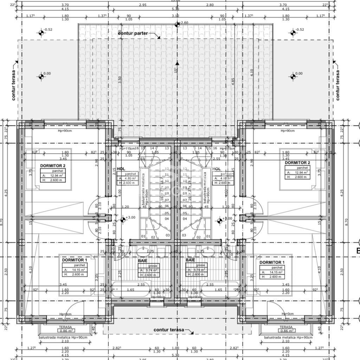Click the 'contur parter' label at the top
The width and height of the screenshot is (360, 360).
[133, 33]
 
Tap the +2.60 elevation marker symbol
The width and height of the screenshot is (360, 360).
[177, 24]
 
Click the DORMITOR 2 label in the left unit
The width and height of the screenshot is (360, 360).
[53, 165]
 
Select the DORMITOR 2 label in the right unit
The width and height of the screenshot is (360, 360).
[297, 163]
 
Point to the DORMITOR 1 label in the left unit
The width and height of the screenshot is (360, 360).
[74, 260]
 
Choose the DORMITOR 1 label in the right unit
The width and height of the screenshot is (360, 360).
[272, 262]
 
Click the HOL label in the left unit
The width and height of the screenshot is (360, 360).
[121, 169]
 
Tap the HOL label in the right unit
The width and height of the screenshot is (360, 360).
[217, 169]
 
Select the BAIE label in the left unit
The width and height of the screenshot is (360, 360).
[142, 260]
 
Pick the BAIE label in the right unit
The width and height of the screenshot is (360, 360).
[190, 260]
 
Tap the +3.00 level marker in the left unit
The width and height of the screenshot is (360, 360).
[123, 220]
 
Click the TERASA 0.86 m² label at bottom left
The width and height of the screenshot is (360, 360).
[65, 329]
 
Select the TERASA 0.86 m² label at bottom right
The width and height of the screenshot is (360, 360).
[287, 329]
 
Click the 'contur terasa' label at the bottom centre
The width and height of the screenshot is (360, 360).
[169, 330]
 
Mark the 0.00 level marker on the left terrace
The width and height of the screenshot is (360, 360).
[41, 76]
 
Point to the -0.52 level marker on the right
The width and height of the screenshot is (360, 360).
[293, 33]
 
